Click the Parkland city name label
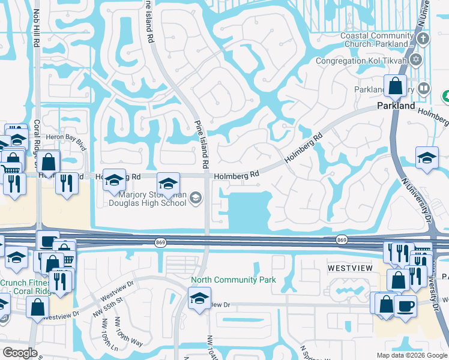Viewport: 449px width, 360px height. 396,106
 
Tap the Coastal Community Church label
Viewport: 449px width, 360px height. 377,40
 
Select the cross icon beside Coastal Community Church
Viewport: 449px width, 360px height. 424,40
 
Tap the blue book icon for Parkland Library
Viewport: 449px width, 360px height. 424,89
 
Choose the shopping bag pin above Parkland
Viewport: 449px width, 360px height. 396,86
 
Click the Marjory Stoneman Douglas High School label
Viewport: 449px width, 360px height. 148,198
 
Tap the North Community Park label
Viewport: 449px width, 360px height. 233,280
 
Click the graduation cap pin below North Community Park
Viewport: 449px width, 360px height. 199,298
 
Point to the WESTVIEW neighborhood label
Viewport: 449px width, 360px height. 351,266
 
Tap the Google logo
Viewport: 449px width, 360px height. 20,353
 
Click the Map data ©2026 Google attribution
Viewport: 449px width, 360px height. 411,355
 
